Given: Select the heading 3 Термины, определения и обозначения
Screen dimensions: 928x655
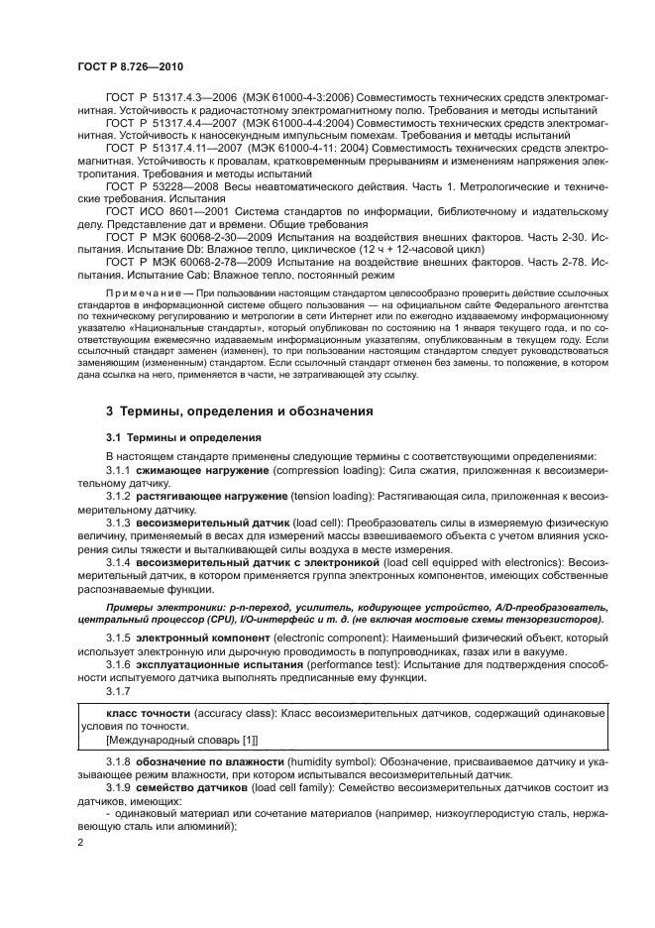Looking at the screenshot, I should (x=239, y=410).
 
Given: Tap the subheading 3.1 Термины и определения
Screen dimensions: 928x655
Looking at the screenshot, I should (x=183, y=436).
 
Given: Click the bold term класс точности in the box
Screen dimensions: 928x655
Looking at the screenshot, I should (x=149, y=714).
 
